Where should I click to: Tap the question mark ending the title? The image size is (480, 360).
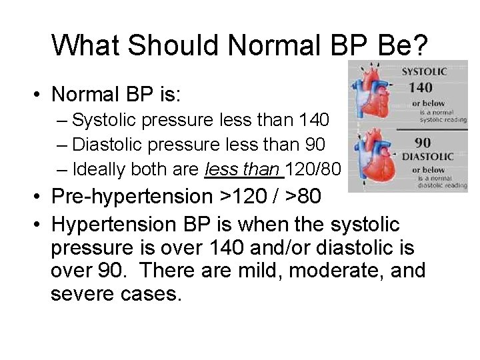tap(421, 45)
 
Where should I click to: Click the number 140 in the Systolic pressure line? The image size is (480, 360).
tap(313, 120)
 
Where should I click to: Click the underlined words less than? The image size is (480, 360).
tap(244, 169)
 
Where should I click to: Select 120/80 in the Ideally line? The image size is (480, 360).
tap(313, 169)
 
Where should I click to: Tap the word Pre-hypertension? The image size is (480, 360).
tap(131, 197)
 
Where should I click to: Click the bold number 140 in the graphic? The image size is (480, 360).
tap(421, 87)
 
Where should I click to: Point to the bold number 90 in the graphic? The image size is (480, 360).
tap(421, 142)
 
